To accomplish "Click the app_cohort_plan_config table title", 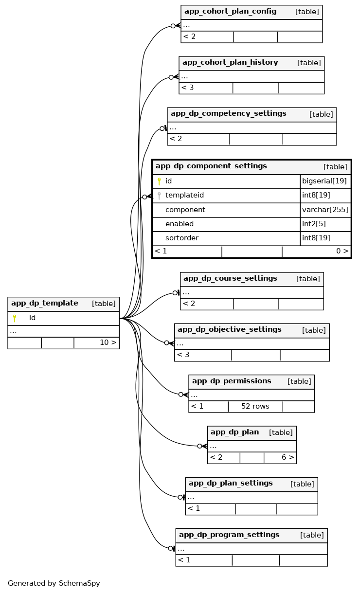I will click(230, 12).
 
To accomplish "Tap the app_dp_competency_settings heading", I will click(228, 114).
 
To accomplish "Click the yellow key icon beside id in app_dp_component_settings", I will click(159, 181).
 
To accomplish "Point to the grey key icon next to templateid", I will click(159, 196).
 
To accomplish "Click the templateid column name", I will click(184, 196).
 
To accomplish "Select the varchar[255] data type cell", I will click(325, 210).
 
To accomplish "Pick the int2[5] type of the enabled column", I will click(316, 224).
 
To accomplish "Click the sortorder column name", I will click(181, 238).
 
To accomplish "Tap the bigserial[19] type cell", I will click(324, 181).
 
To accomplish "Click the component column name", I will click(185, 210).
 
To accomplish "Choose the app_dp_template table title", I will click(45, 304).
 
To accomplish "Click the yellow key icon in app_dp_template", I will click(15, 318).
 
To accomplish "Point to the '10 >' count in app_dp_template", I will click(108, 342).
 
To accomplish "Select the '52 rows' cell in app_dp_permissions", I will click(255, 407).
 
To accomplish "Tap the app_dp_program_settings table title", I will click(229, 535).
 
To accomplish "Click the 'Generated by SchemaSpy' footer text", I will click(54, 583).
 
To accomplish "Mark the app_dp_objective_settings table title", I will click(229, 330).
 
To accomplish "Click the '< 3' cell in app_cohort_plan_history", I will click(188, 88).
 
